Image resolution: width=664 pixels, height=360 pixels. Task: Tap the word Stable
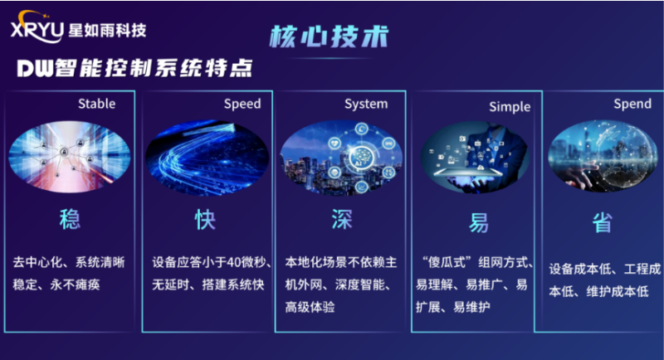[x=96, y=105]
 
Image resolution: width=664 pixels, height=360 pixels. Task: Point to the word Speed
[x=242, y=105]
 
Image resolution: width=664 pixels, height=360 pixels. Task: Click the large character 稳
[x=70, y=220]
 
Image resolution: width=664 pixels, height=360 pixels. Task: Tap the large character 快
[x=205, y=220]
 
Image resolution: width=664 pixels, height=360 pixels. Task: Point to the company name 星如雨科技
[x=109, y=32]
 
